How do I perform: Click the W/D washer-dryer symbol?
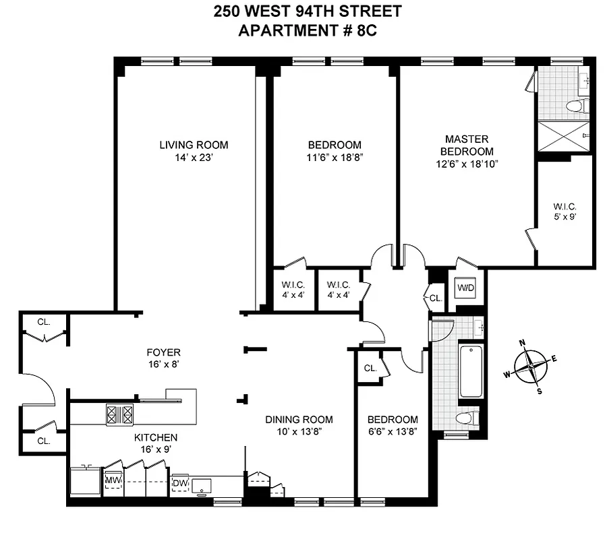[466, 288]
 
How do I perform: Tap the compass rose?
[532, 366]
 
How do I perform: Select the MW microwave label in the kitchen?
[113, 480]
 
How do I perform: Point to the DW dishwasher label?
[180, 483]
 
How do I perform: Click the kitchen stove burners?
[120, 414]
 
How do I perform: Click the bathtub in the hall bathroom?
[471, 371]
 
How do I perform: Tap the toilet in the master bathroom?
[577, 105]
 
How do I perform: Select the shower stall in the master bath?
[563, 137]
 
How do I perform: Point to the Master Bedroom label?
[466, 146]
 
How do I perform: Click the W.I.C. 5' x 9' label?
[565, 212]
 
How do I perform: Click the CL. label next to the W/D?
[435, 298]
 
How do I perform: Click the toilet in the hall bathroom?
[466, 418]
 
